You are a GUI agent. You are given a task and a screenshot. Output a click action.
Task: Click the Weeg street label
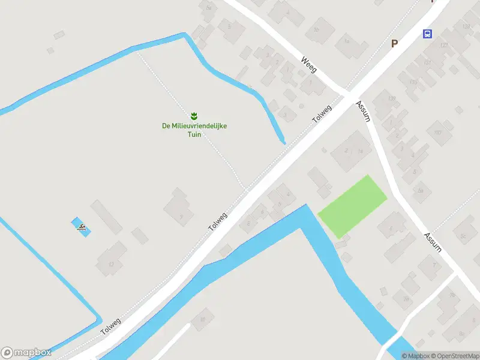[308, 64]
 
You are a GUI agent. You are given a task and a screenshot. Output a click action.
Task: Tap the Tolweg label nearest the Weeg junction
[322, 115]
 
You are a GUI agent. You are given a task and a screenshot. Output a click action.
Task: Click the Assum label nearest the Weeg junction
[363, 111]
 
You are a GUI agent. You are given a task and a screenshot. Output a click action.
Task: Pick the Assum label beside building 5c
[433, 242]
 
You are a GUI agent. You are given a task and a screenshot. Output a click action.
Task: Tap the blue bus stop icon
[427, 34]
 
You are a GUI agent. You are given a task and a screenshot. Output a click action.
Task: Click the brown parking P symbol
[394, 43]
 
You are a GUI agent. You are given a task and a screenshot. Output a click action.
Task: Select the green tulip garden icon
[194, 115]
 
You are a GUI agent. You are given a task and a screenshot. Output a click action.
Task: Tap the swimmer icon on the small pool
[82, 227]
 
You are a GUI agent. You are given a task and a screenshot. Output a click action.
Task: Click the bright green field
[352, 206]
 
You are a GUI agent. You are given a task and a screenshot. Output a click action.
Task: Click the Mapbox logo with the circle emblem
[25, 353]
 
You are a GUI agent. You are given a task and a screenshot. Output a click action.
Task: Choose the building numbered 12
[111, 262]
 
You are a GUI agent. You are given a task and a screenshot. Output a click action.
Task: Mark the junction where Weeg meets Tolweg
[347, 94]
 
